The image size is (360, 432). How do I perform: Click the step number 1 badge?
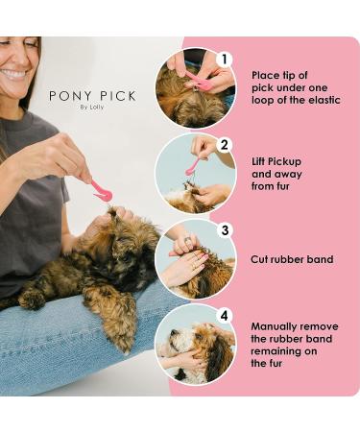(225, 60)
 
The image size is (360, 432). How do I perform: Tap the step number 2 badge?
(225, 145)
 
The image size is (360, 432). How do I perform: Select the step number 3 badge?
(225, 230)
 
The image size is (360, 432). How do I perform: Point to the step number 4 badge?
(225, 316)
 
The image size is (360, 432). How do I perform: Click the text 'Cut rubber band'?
(292, 259)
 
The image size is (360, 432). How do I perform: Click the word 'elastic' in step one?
(324, 100)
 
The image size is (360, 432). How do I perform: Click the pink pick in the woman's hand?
(102, 190)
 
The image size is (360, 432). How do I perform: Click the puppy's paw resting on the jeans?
(32, 300)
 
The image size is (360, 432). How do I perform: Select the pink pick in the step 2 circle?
(194, 165)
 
